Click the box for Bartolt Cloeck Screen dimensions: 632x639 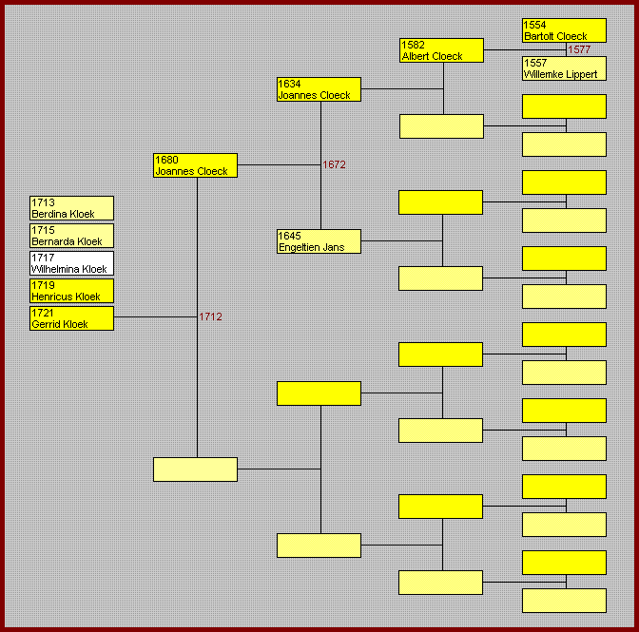click(564, 30)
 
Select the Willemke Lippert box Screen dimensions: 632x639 click(564, 67)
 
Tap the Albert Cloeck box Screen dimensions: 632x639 click(442, 50)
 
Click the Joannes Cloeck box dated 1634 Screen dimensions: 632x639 click(319, 89)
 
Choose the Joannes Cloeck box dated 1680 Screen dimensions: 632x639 click(195, 165)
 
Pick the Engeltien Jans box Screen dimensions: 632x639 click(319, 241)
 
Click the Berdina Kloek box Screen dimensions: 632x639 click(71, 208)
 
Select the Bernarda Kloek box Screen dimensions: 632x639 click(71, 236)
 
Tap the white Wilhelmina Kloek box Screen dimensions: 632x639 click(71, 263)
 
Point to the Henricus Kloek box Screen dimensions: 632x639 click(71, 291)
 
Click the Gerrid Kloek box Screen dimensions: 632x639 click(71, 318)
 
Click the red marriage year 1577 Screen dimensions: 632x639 click(579, 49)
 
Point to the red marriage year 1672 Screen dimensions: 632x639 click(334, 164)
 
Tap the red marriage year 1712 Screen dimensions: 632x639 click(210, 316)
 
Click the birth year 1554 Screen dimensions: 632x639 click(535, 25)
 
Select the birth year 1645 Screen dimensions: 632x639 click(289, 235)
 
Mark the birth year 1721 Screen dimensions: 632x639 click(43, 313)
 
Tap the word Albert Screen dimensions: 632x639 click(416, 56)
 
